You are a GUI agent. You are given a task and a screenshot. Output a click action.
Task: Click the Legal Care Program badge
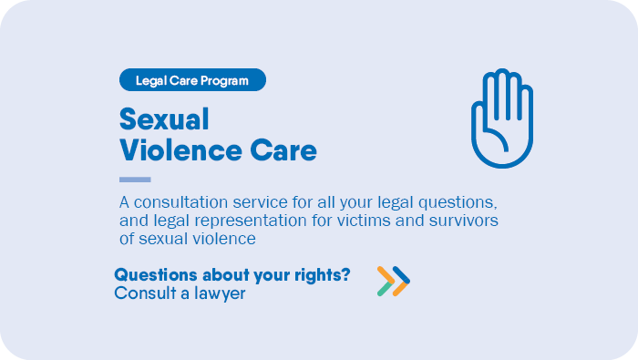point(192,80)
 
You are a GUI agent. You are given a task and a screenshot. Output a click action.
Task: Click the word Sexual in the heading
point(164,119)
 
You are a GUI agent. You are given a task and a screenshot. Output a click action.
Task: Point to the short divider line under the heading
point(135,180)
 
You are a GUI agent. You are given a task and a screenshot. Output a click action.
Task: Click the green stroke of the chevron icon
point(384,289)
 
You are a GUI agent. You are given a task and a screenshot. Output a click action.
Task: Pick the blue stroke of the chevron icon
point(402,276)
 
